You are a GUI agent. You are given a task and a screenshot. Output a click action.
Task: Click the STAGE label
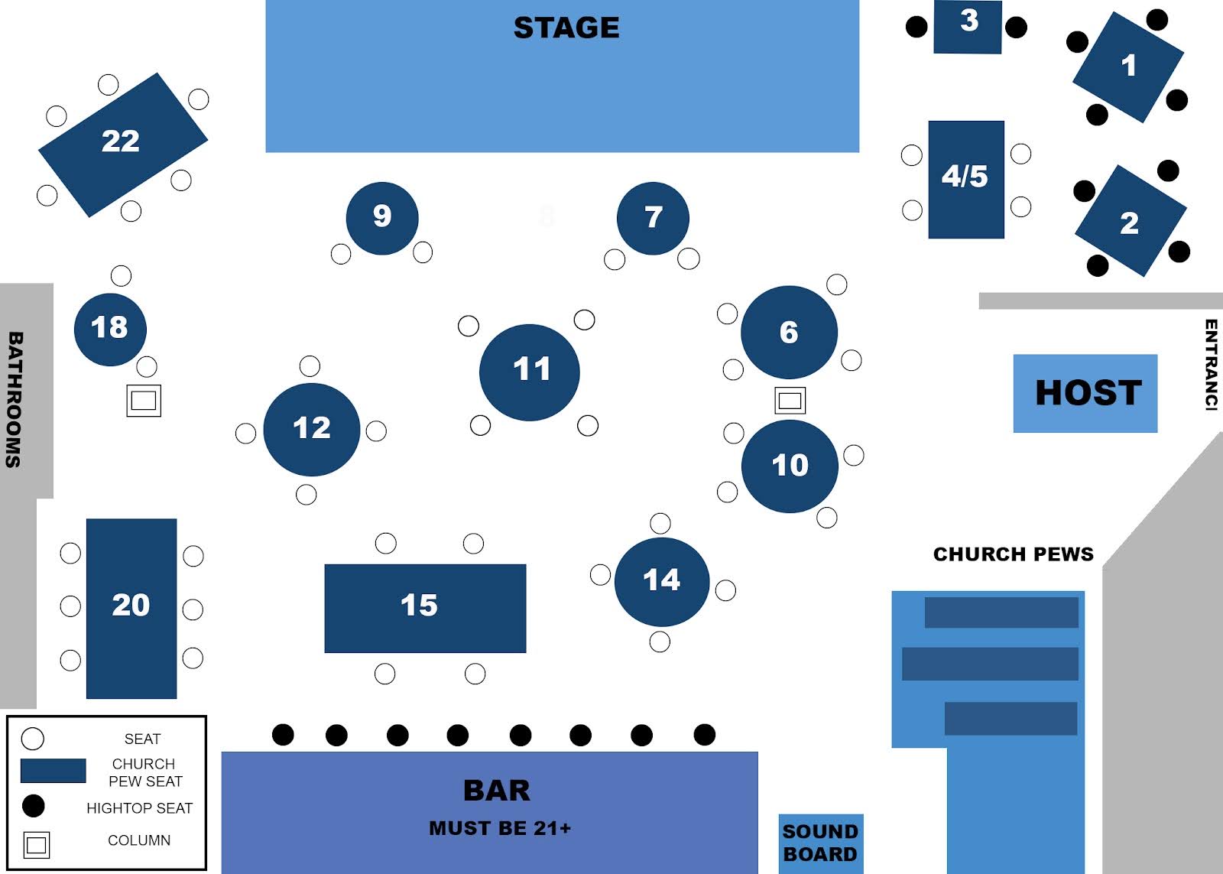tap(566, 28)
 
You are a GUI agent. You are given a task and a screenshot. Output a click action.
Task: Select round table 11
tap(530, 372)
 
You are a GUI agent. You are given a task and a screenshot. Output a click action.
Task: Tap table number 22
tap(122, 143)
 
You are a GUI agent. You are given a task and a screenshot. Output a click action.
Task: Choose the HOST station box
tap(1085, 393)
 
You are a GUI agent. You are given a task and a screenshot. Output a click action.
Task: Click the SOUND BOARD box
tap(820, 843)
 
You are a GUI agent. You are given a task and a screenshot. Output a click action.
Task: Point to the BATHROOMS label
tap(15, 399)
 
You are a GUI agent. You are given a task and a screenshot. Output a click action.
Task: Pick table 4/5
tap(965, 179)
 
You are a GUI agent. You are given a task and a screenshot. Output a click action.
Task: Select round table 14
tap(661, 581)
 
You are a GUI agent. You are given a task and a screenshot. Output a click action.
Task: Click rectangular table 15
tap(425, 608)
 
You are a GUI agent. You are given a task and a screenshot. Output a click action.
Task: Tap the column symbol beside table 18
tap(144, 400)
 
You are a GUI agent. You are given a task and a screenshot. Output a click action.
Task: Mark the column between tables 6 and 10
tap(790, 399)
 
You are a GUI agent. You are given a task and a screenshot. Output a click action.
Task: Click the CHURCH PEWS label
tap(1013, 554)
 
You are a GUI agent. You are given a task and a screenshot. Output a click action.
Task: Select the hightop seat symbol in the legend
tap(33, 806)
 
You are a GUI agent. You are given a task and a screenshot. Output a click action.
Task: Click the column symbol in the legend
tap(36, 845)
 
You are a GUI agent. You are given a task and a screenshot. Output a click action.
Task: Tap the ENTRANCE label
tap(1211, 365)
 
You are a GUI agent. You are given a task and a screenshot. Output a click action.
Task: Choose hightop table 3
tap(968, 27)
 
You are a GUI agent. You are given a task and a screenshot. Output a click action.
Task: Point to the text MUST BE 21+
tap(500, 828)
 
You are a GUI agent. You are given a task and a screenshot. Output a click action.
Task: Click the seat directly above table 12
tap(310, 366)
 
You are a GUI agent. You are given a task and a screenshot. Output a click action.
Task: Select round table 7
tap(653, 219)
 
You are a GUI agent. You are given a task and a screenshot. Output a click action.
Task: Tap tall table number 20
tap(131, 608)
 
